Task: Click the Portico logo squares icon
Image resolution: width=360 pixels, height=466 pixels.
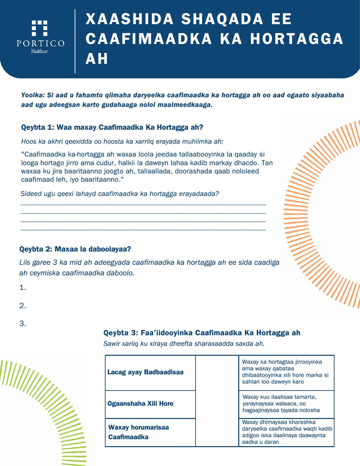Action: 39,28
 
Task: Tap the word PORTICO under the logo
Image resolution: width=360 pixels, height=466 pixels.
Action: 40,43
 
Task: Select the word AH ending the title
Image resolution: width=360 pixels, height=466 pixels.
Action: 97,59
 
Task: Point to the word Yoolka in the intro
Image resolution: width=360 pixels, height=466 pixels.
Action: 33,95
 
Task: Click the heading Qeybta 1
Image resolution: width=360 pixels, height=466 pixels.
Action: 112,127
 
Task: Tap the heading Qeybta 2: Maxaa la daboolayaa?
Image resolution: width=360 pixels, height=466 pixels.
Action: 75,249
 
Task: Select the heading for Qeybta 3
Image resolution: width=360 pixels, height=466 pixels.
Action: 202,333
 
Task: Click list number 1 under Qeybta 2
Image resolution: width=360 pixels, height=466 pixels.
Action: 22,288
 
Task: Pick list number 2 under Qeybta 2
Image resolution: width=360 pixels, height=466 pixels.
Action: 22,305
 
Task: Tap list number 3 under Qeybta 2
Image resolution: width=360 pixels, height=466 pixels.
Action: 22,323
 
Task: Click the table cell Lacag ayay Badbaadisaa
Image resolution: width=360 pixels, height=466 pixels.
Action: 150,373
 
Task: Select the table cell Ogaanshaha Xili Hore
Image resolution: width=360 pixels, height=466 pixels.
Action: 150,404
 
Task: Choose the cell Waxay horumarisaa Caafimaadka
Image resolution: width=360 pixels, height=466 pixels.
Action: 150,432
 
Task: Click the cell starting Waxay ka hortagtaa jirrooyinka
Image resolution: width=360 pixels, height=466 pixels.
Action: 287,373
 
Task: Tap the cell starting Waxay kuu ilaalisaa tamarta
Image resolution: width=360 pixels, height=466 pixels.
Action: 287,404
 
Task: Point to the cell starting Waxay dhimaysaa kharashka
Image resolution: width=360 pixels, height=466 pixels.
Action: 287,432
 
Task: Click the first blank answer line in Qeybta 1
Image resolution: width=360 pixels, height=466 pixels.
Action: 143,205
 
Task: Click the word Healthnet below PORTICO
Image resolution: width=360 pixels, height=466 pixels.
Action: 39,51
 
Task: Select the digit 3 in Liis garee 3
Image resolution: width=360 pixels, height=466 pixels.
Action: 55,262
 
